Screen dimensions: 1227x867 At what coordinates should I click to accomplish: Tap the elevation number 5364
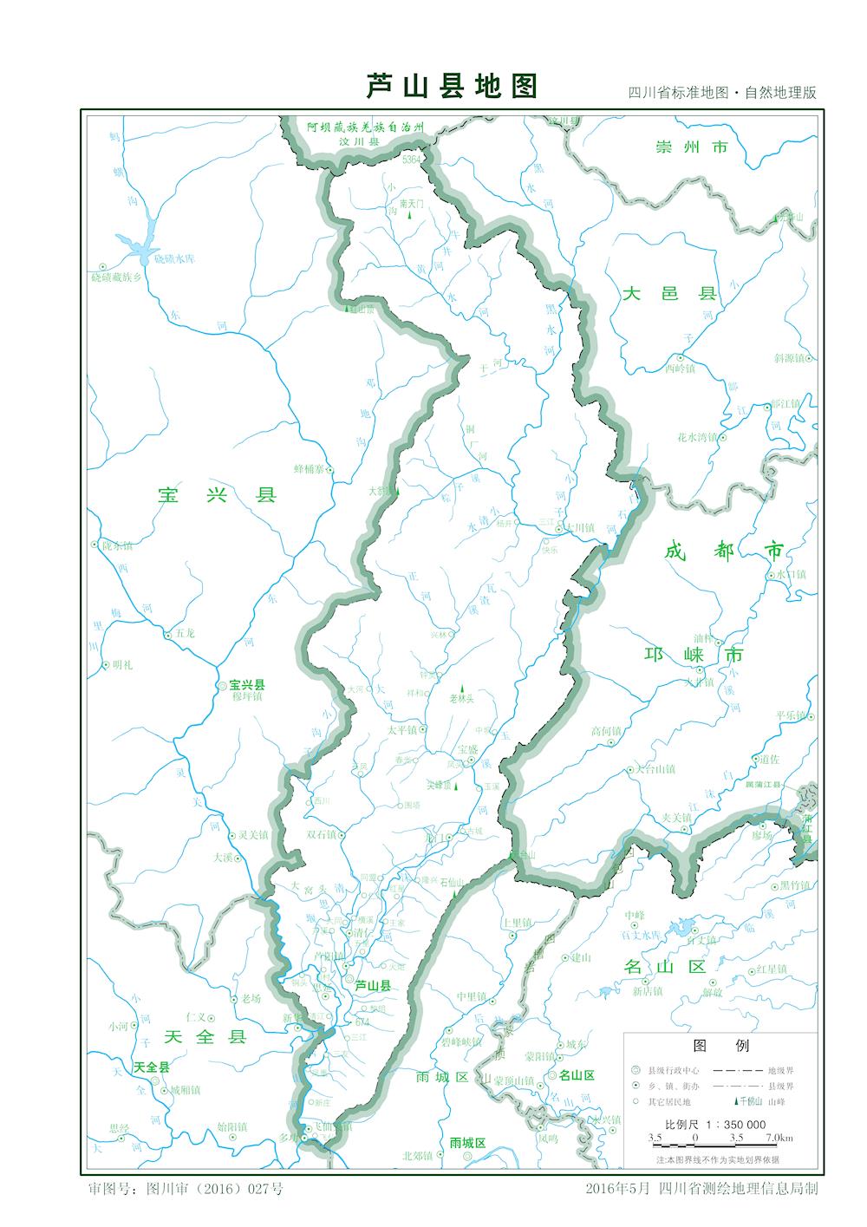(411, 160)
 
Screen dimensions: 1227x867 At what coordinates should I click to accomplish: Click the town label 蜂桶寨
(309, 469)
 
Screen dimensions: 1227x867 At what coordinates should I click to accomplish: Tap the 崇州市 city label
(692, 147)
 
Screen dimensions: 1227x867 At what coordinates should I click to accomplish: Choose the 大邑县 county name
(670, 295)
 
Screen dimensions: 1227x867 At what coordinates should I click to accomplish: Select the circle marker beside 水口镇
(770, 575)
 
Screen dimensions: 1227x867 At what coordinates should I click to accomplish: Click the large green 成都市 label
(724, 550)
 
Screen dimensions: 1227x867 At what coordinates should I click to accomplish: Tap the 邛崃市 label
(694, 655)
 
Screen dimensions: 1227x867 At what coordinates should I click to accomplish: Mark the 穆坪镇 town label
(245, 696)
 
